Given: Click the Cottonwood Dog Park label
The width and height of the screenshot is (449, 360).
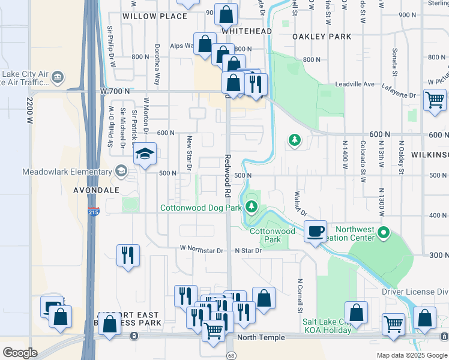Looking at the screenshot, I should (x=200, y=208).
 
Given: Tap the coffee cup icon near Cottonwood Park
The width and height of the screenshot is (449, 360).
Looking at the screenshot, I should (x=316, y=231).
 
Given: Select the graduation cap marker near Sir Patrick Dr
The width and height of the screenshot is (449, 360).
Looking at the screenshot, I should (x=145, y=154).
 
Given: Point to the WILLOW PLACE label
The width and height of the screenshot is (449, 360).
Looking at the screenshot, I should (x=155, y=16).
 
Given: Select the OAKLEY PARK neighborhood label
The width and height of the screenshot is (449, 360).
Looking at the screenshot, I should (x=322, y=37).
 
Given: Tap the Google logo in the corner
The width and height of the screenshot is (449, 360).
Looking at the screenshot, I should (x=20, y=352).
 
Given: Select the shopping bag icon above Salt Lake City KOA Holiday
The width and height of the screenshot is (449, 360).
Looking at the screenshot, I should (x=357, y=313).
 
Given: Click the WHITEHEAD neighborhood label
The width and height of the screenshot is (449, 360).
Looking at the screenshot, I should (x=247, y=31).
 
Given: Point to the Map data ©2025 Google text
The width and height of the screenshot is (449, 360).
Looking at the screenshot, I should (x=412, y=355).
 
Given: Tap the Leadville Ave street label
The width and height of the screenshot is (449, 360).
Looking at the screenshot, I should (x=355, y=84).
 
